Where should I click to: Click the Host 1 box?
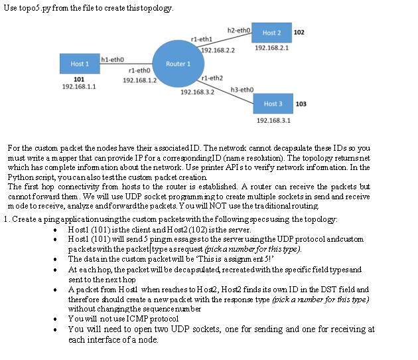pyautogui.click(x=78, y=64)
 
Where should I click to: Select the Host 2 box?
pyautogui.click(x=272, y=33)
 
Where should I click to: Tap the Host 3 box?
pyautogui.click(x=273, y=104)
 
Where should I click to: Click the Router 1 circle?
pyautogui.click(x=177, y=64)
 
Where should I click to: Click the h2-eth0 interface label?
pyautogui.click(x=238, y=31)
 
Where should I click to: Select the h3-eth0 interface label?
pyautogui.click(x=241, y=90)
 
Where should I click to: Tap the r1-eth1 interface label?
pyautogui.click(x=200, y=40)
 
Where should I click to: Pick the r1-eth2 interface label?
pyautogui.click(x=211, y=78)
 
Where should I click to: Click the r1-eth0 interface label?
pyautogui.click(x=139, y=70)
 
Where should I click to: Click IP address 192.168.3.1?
pyautogui.click(x=273, y=120)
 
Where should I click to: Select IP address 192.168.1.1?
pyautogui.click(x=78, y=86)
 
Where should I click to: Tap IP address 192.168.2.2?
pyautogui.click(x=218, y=50)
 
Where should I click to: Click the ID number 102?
pyautogui.click(x=299, y=33)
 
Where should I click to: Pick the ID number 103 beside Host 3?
pyautogui.click(x=301, y=104)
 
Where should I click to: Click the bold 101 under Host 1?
pyautogui.click(x=78, y=78)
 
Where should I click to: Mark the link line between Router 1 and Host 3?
pyautogui.click(x=229, y=88)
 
